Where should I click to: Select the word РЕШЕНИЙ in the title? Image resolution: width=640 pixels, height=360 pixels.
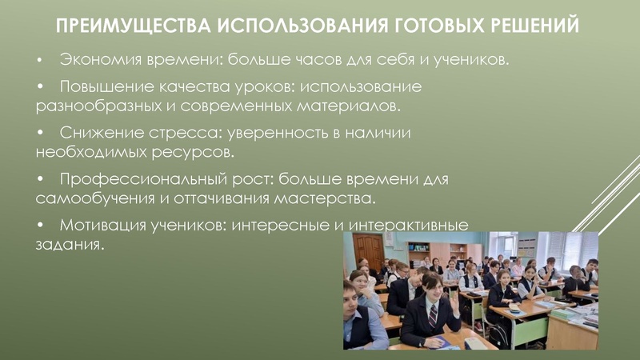pos(538,26)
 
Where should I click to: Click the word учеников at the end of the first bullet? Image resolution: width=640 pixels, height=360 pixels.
pos(468,61)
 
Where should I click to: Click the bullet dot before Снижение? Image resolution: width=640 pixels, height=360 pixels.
pos(39,134)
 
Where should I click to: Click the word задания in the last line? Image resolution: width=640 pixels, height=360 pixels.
pos(68,245)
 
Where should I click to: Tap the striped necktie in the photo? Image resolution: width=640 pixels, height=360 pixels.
pos(433,314)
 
